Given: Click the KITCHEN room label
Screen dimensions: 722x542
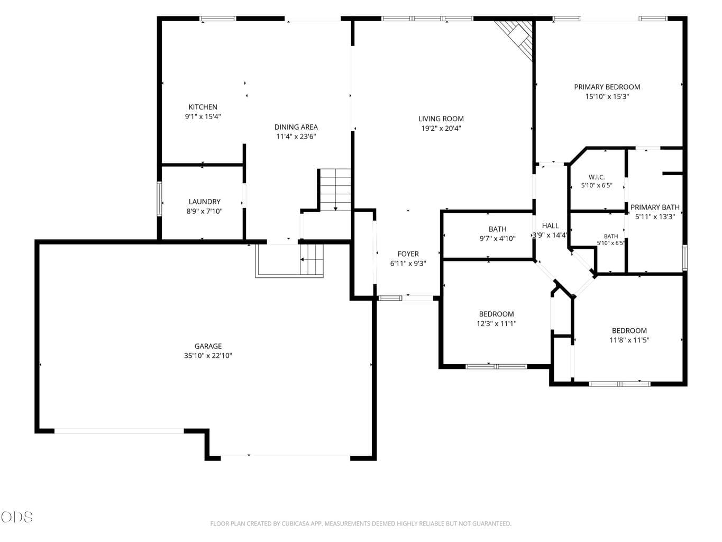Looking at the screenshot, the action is [203, 107].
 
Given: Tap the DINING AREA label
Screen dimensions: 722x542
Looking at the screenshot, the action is [296, 127].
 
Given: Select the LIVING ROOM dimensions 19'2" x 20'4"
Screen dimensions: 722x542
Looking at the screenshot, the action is [441, 128].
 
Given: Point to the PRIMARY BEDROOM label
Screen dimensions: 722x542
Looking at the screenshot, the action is [607, 87].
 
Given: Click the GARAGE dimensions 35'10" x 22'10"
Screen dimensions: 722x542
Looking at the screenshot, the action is [208, 355].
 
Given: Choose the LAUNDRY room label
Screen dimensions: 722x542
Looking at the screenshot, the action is [204, 202].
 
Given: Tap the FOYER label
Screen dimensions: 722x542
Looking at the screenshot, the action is [408, 254].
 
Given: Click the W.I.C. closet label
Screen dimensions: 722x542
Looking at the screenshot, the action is [596, 177].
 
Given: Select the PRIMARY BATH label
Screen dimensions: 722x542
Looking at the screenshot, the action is [655, 207].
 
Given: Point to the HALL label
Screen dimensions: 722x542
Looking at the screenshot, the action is [550, 226].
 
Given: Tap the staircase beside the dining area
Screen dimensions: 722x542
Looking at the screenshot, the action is [335, 190].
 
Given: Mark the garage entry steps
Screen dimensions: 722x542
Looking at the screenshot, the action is [312, 260].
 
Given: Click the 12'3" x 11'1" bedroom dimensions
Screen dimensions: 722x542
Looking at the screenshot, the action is [496, 323].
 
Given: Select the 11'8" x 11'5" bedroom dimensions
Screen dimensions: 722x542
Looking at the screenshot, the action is [629, 340].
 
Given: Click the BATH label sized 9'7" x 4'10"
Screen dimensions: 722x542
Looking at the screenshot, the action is [497, 229].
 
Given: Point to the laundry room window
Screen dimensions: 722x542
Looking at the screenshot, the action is [159, 198].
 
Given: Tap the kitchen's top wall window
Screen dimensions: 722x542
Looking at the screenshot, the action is [218, 19].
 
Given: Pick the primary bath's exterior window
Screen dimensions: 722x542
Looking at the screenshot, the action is [685, 258].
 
